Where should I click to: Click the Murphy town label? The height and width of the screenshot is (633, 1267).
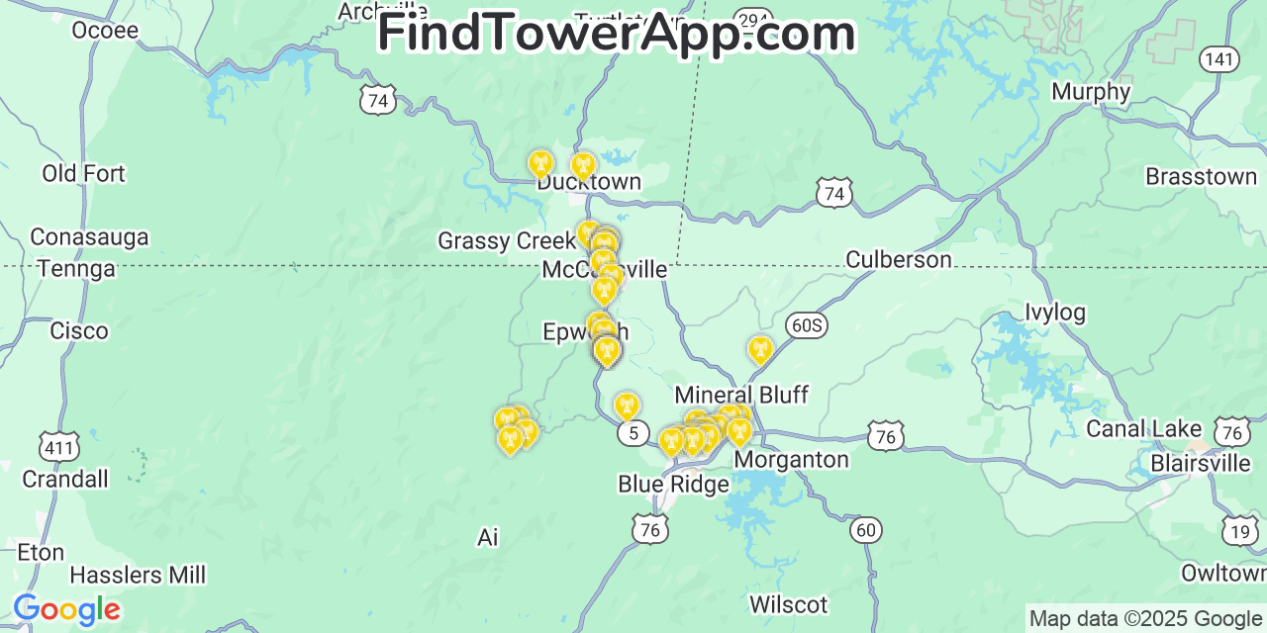[1091, 92]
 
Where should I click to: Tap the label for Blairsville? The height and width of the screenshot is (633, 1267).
[1201, 463]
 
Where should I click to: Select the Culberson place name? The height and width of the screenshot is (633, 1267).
[898, 259]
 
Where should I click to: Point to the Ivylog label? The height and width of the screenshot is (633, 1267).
[1054, 313]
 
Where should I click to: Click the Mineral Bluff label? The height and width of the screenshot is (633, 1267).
[741, 395]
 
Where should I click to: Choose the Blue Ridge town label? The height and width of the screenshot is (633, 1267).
[673, 484]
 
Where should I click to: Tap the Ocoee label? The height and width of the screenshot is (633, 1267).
[105, 30]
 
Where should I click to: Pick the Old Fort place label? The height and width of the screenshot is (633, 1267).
[83, 174]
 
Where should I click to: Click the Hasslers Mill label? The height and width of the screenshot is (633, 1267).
[138, 575]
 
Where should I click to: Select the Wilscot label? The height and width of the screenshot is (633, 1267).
[788, 603]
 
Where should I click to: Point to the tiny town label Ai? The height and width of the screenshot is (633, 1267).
[487, 537]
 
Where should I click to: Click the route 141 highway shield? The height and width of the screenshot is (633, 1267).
[1219, 59]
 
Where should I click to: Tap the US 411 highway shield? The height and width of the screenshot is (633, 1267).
[59, 447]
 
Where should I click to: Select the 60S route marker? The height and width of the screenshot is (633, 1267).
[807, 325]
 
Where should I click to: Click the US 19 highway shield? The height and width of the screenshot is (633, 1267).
[1240, 531]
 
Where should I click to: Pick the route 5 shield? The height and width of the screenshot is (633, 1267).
[633, 433]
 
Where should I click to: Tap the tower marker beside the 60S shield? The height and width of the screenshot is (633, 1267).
[760, 349]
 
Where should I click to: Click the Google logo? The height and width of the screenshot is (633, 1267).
[66, 609]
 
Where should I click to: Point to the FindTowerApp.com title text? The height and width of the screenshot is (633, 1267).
[616, 33]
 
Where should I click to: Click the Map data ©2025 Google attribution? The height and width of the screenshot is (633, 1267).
[1145, 619]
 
